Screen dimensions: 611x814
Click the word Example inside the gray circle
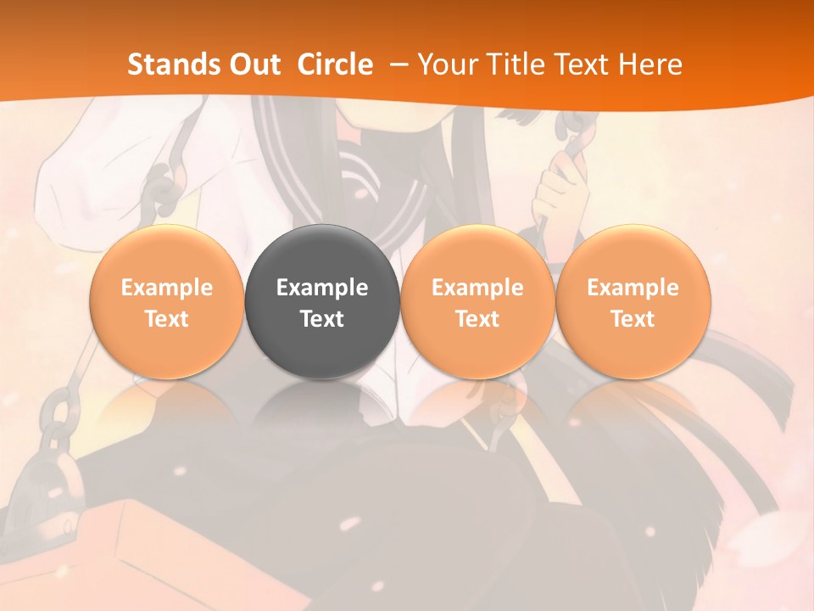tap(322, 288)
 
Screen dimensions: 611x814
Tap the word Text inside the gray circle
tap(322, 319)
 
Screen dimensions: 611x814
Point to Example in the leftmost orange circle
tap(166, 288)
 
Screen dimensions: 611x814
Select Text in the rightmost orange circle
tap(633, 319)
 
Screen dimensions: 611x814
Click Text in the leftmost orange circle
tap(166, 319)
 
